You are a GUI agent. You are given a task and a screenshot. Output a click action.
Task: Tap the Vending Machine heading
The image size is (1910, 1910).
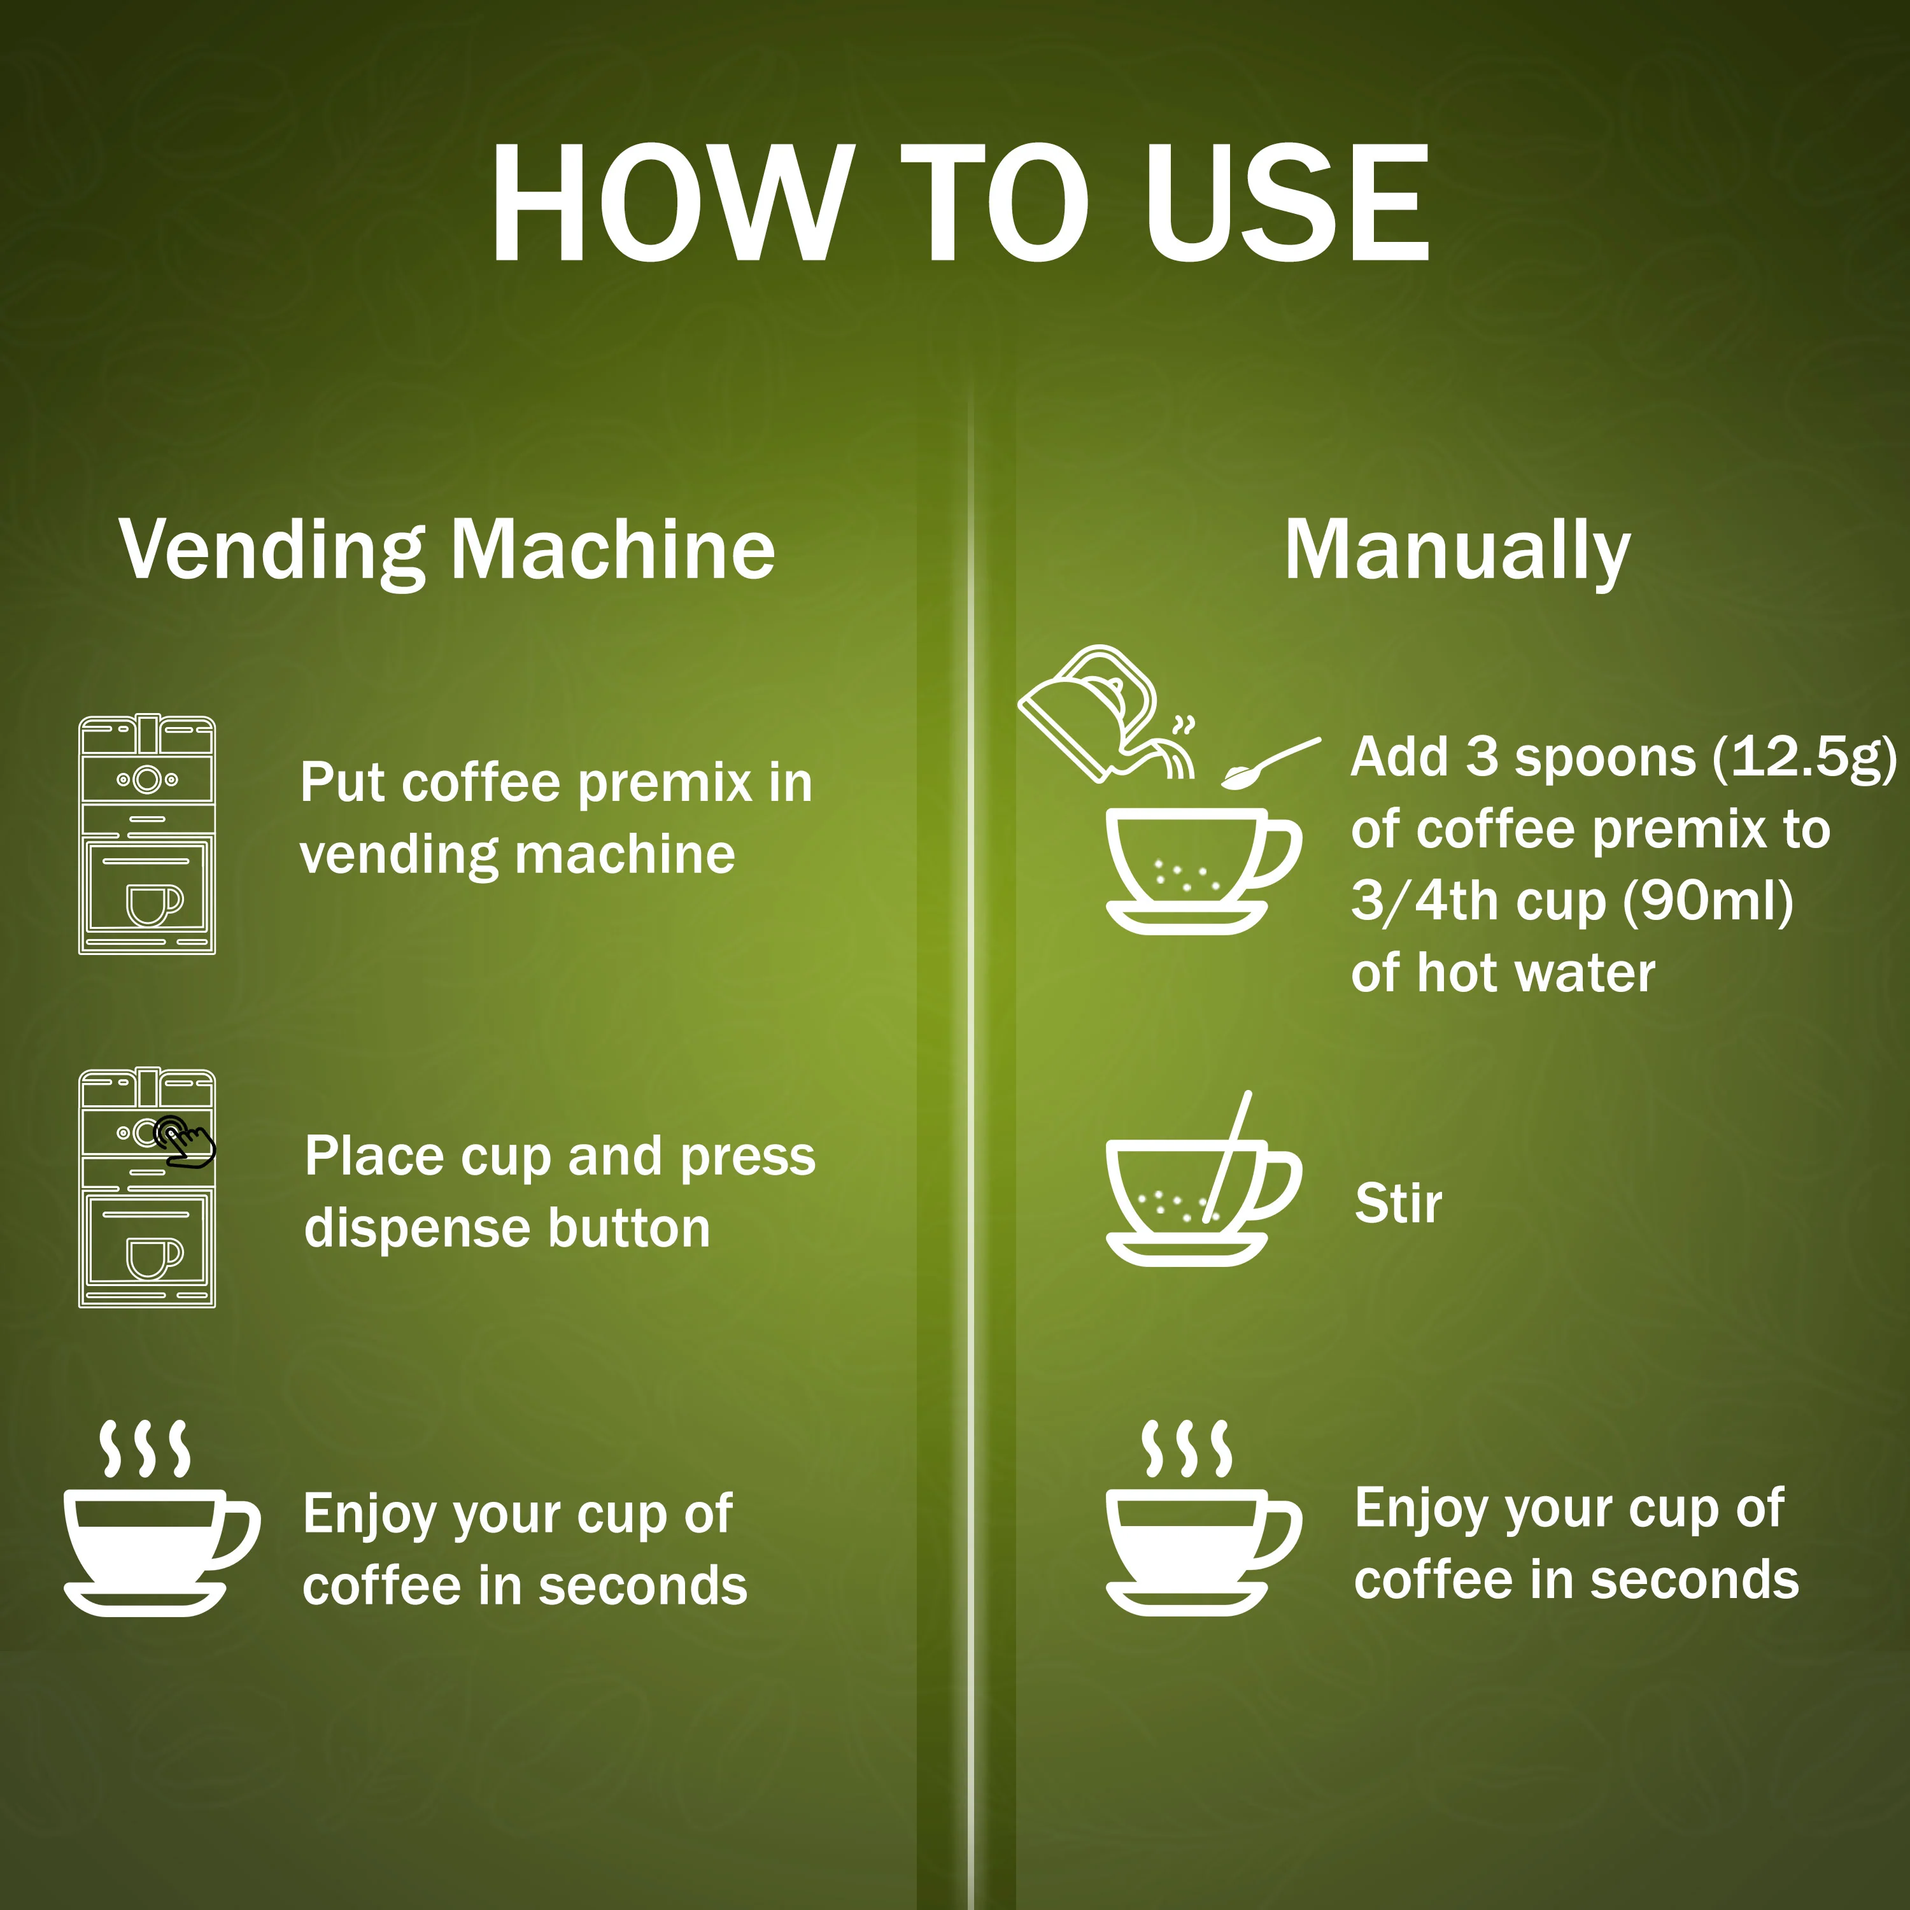447,551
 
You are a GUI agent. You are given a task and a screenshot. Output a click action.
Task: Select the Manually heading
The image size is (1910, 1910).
1457,551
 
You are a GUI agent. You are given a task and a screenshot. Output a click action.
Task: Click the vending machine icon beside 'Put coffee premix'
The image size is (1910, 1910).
147,835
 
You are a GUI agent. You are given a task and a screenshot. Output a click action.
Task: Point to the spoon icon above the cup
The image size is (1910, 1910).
1270,764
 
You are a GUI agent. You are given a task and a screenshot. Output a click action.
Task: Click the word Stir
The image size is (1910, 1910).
1398,1203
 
